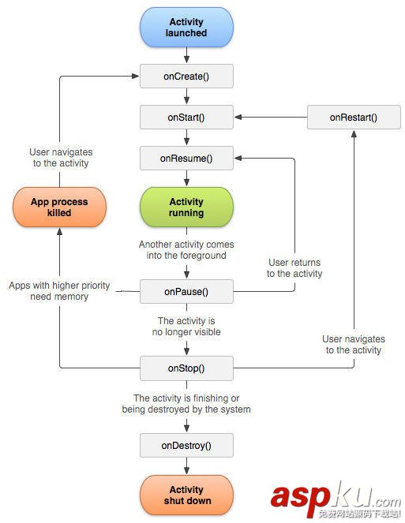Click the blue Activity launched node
click(186, 28)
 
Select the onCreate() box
click(186, 77)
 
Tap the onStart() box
click(186, 118)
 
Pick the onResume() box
click(186, 158)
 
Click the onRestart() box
click(354, 118)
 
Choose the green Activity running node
click(186, 207)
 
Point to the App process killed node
click(59, 207)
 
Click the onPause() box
click(186, 292)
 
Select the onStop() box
click(186, 368)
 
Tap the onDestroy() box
click(186, 445)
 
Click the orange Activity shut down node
click(186, 495)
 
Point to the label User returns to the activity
click(294, 268)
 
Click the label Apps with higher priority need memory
click(59, 291)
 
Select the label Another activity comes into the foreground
click(186, 250)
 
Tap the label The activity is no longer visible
click(186, 327)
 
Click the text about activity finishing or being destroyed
click(186, 404)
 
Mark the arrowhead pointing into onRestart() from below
click(354, 134)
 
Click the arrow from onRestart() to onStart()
click(271, 118)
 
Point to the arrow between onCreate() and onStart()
click(186, 96)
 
